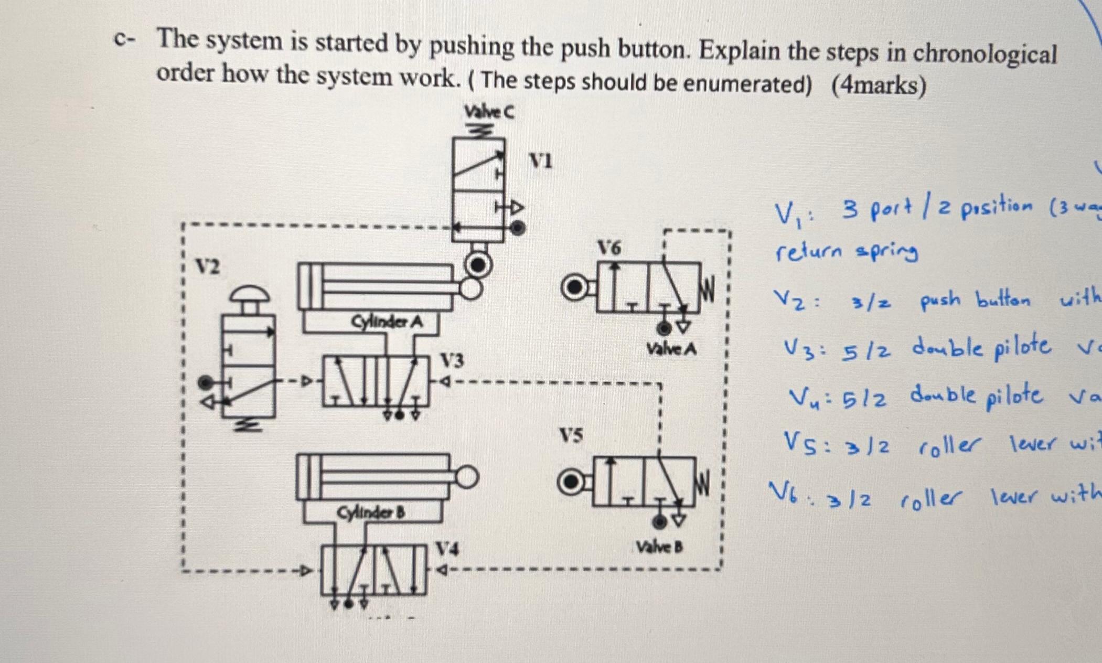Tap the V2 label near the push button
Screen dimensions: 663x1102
[x=209, y=268]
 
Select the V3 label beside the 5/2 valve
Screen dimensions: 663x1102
[x=452, y=361]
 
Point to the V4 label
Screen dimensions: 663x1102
[x=448, y=549]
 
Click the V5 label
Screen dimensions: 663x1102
[x=571, y=435]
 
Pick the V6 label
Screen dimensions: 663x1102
[x=609, y=248]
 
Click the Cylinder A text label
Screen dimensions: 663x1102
[x=387, y=321]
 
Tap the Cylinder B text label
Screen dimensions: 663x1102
[x=372, y=512]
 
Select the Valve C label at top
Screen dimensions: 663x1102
[x=489, y=112]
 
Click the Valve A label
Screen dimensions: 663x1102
[x=671, y=349]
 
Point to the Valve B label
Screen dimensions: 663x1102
[x=659, y=548]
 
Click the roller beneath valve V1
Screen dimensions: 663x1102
[x=477, y=265]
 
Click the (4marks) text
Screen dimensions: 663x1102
[x=879, y=85]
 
